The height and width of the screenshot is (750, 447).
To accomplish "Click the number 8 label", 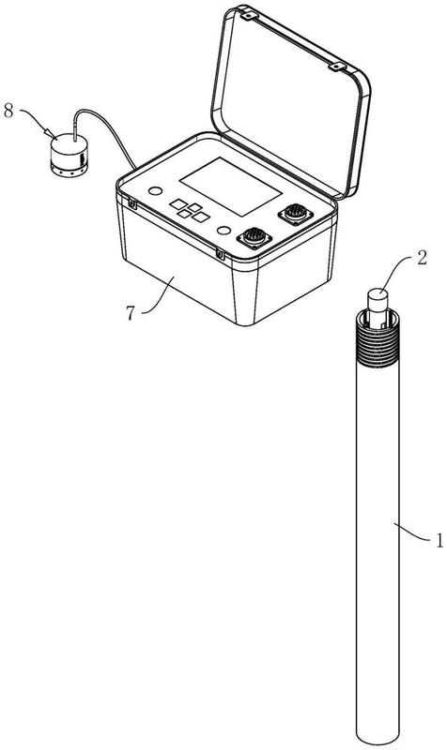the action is click(x=8, y=111).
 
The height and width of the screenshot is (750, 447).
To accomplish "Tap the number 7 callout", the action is click(x=131, y=313).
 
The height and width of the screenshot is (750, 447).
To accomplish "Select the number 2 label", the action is click(x=422, y=258).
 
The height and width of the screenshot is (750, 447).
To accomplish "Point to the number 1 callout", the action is click(x=439, y=541).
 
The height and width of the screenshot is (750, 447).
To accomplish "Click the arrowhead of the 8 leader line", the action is click(x=50, y=132).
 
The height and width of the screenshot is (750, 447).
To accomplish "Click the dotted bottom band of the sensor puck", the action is click(x=69, y=170).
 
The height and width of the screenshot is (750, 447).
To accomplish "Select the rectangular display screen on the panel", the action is click(x=231, y=186).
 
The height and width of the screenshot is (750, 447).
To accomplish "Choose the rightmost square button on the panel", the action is click(x=201, y=217).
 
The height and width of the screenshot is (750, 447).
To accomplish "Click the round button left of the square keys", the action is click(x=155, y=191).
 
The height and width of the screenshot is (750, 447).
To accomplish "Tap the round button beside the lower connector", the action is click(x=223, y=231).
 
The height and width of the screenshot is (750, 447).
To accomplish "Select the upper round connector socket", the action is click(x=296, y=213).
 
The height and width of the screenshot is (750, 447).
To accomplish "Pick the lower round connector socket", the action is click(x=254, y=237).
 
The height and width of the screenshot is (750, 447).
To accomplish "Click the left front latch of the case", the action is click(x=131, y=204).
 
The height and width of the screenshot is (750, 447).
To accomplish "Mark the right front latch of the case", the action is click(x=220, y=254).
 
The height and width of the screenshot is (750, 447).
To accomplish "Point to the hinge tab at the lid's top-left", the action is click(x=247, y=16).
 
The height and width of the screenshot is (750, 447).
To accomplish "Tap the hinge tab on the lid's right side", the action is click(x=337, y=67).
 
